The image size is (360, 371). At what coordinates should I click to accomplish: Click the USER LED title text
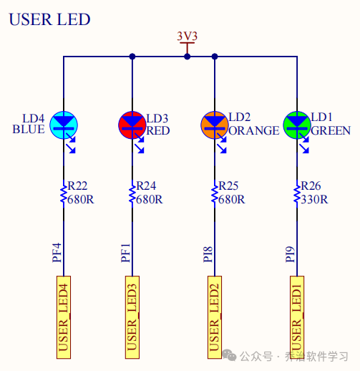click(49, 19)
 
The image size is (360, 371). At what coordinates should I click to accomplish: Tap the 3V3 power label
click(187, 36)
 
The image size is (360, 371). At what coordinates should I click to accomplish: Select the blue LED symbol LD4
click(64, 123)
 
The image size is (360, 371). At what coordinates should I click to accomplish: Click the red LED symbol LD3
click(132, 123)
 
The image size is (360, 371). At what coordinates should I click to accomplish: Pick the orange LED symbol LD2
click(215, 123)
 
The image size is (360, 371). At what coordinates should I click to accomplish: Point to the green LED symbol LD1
click(297, 123)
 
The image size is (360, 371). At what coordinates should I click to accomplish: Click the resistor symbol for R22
click(64, 193)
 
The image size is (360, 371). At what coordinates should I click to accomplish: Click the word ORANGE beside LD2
click(253, 130)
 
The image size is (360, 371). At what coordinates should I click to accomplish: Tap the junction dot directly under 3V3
click(187, 56)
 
